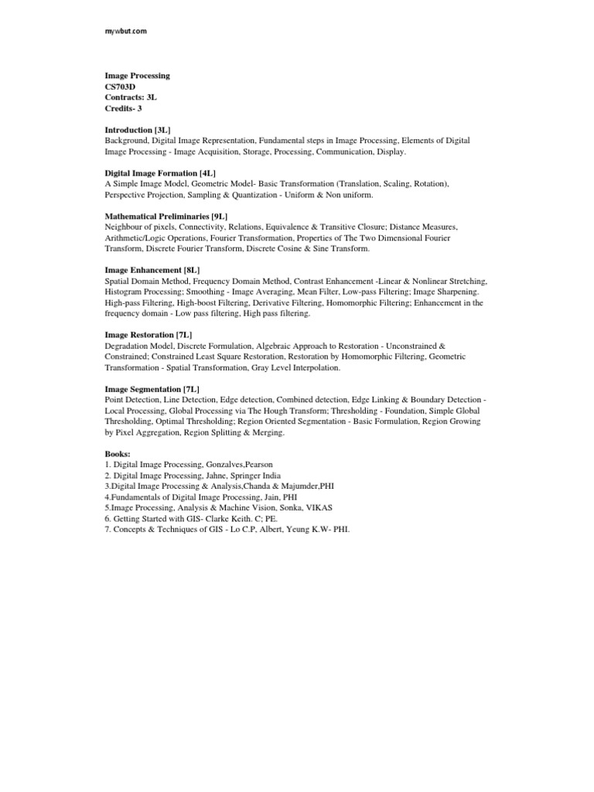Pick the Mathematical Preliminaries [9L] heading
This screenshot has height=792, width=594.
tap(166, 217)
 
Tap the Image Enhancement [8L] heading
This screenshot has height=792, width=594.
tap(152, 271)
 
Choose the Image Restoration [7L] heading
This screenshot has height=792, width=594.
tap(148, 335)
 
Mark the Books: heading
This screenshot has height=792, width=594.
tap(118, 453)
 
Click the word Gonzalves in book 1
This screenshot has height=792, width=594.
tap(232, 464)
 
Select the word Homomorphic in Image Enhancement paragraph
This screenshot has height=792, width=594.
tap(353, 303)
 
